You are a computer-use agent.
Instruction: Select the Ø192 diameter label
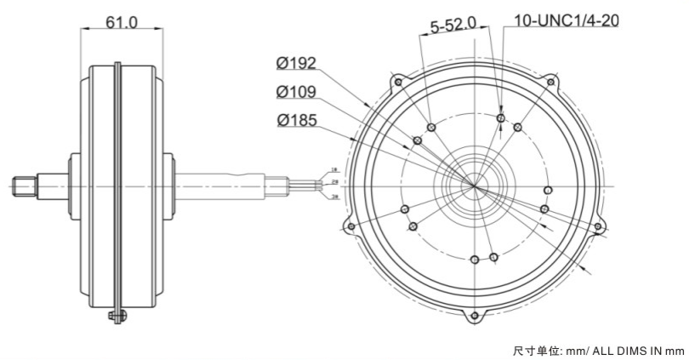(x=297, y=64)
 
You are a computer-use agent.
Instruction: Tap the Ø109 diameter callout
(x=297, y=92)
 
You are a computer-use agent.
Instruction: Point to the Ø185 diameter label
(x=297, y=120)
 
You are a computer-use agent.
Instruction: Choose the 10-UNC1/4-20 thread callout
(x=567, y=19)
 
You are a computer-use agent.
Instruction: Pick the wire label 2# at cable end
(x=334, y=183)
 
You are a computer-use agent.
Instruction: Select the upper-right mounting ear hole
(x=550, y=82)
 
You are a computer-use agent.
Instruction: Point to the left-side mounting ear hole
(x=349, y=226)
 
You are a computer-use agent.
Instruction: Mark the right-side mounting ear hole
(x=598, y=226)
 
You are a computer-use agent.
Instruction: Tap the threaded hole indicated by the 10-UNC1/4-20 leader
(x=501, y=118)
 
